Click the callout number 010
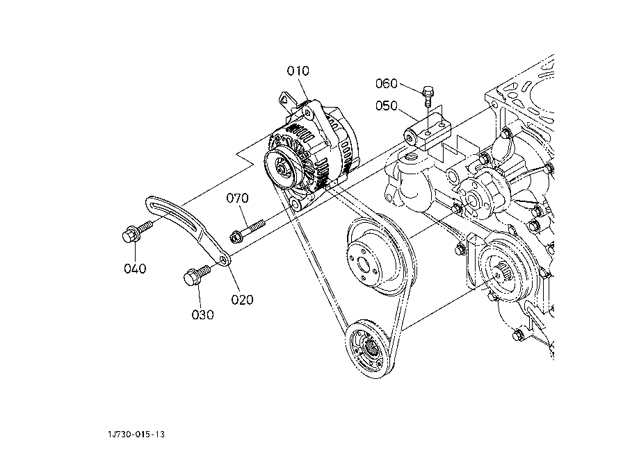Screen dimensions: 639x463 pos(298,71)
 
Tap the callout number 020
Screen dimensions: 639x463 pos(242,300)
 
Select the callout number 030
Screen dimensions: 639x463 pos(202,314)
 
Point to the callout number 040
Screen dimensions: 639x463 pos(135,269)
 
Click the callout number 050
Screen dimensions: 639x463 pos(387,106)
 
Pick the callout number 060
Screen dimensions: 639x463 pos(387,83)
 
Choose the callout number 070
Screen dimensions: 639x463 pos(238,198)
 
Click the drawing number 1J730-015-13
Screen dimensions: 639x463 pos(136,434)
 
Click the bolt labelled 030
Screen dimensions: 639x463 pos(197,275)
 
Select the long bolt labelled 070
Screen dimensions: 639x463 pos(248,230)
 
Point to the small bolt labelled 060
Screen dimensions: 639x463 pos(428,96)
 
